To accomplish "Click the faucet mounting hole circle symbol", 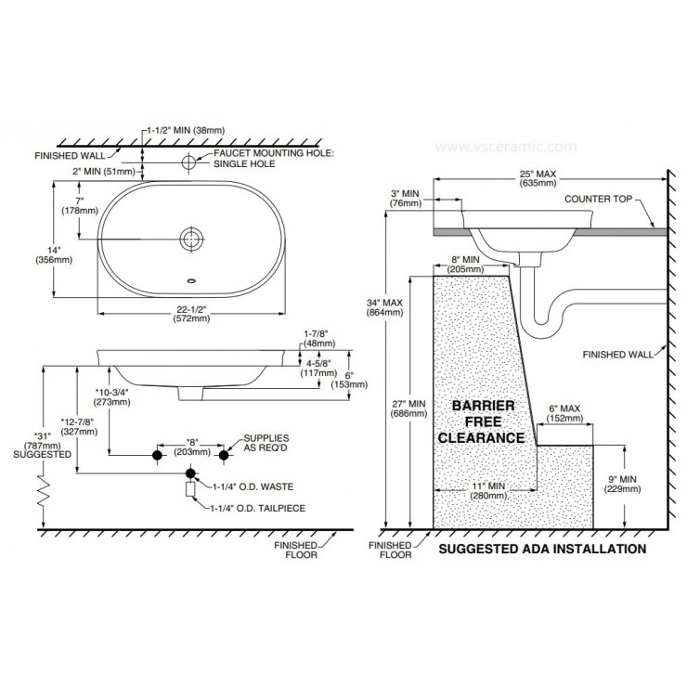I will coord(189,162).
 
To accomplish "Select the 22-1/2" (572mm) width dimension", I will coord(190,313).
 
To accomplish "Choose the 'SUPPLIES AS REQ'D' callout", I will coord(267,441).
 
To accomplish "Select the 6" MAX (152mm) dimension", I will coord(564,413).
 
